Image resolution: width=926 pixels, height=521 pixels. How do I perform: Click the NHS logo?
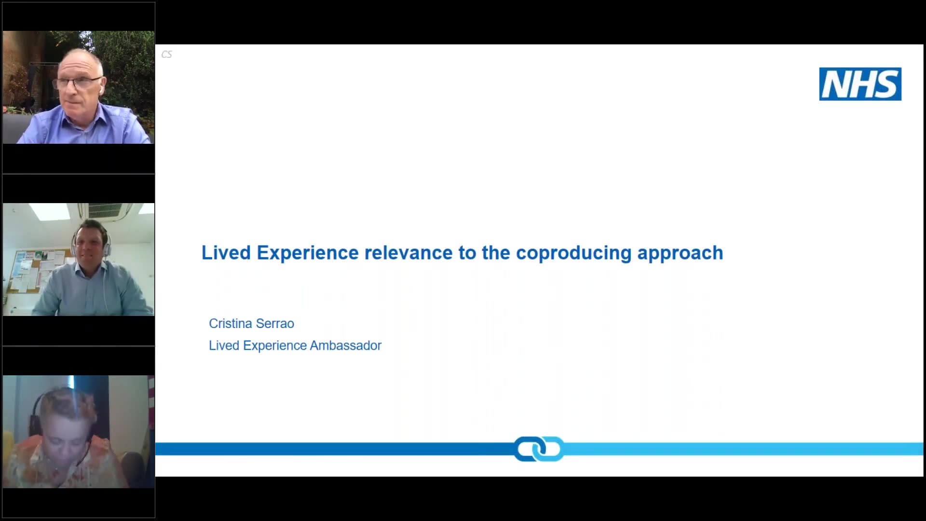pyautogui.click(x=860, y=84)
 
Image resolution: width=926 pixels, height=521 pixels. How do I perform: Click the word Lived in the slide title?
pyautogui.click(x=226, y=252)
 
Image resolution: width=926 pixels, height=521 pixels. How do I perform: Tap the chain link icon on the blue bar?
pyautogui.click(x=539, y=449)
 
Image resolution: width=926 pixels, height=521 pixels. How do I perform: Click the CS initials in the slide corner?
pyautogui.click(x=166, y=55)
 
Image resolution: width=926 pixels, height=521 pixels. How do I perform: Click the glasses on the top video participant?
pyautogui.click(x=78, y=82)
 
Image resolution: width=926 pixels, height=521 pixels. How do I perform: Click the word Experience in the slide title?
pyautogui.click(x=308, y=253)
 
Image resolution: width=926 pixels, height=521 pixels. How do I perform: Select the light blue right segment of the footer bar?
pyautogui.click(x=743, y=449)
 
